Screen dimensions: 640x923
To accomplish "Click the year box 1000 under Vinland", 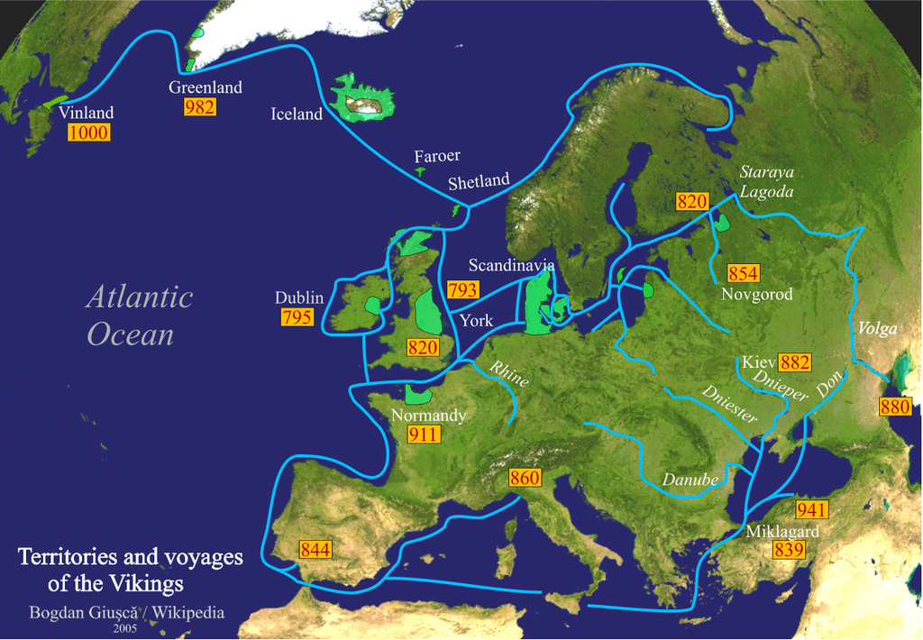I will pos(88,133).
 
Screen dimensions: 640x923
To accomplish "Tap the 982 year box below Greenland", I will pos(199,106).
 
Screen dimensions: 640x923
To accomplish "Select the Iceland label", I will pos(297,114).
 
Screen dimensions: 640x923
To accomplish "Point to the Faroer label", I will pos(437,156).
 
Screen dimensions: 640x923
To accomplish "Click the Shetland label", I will pos(479,181).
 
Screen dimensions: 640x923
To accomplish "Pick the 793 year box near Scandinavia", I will pos(462,290).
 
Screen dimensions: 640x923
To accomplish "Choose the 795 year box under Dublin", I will pos(297,317).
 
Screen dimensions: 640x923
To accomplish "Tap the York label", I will pos(476,320).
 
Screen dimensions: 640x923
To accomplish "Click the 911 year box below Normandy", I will pos(423,434).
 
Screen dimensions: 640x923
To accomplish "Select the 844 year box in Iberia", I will pos(315,549).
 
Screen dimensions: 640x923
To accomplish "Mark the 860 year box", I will pos(525,478).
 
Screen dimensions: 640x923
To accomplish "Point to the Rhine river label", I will pos(508,374).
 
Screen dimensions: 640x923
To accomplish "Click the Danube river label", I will pos(690,480).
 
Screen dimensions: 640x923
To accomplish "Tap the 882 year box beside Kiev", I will pos(795,362).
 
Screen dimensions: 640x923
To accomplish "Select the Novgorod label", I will pos(757,295).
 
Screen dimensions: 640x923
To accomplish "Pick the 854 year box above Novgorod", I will pos(744,274).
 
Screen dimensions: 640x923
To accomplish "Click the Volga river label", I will pos(878,328).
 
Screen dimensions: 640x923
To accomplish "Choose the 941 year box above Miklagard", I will pos(811,510).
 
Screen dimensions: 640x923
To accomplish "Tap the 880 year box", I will pos(895,407).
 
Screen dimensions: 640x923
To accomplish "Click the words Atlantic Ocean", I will pos(139,316).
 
